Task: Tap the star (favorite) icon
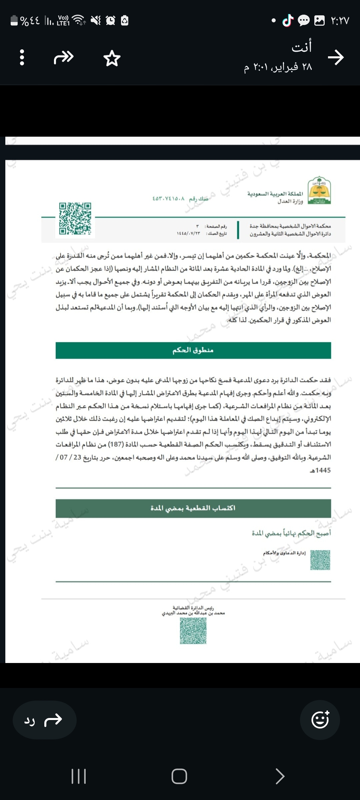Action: point(112,58)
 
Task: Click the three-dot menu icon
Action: point(22,57)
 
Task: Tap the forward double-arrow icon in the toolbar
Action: point(64,57)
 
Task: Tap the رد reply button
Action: point(44,720)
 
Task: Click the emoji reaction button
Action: point(320,720)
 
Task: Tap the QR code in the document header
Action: point(75,219)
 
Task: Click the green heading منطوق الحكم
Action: point(193,350)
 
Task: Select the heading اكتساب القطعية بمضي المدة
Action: point(193,508)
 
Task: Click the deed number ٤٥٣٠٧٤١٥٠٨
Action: point(168,199)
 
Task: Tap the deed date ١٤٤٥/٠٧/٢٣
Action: point(189,233)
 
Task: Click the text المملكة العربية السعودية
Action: point(275,194)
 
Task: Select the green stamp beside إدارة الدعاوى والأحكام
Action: point(320,560)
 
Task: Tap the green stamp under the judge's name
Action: point(193,631)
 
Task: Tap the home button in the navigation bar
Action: point(179,776)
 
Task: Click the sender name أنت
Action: point(302,47)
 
